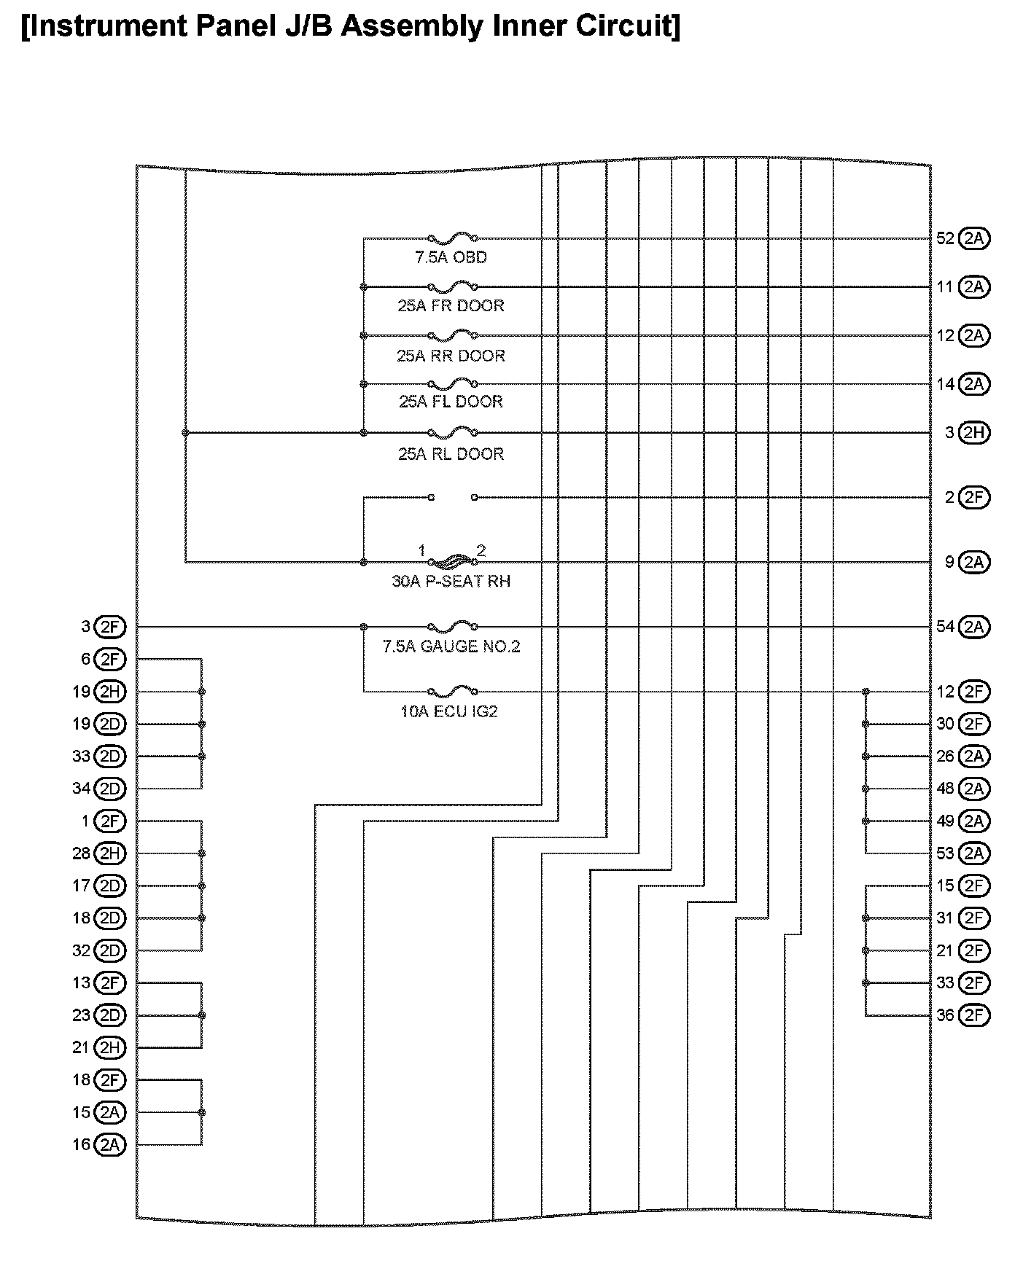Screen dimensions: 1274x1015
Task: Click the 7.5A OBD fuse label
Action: (451, 257)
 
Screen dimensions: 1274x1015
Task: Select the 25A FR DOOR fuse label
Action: (451, 305)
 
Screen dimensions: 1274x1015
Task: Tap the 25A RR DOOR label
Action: (451, 356)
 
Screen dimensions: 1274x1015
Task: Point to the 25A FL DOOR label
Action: (451, 402)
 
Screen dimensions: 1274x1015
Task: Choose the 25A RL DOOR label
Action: (451, 454)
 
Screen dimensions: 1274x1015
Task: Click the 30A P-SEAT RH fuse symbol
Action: (453, 561)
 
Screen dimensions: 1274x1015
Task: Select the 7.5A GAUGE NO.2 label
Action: (451, 646)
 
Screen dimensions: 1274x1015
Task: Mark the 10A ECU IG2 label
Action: (449, 711)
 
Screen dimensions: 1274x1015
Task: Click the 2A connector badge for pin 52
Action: (973, 238)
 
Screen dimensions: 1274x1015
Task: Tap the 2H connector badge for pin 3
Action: (973, 433)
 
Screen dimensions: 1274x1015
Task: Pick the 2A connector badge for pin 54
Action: (973, 627)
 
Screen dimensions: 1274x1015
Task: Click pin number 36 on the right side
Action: (945, 1015)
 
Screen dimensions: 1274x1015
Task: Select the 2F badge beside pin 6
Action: (109, 660)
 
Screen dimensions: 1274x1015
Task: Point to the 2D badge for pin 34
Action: (109, 789)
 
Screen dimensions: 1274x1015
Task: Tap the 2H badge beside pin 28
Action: (109, 853)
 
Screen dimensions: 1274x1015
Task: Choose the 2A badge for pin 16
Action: (109, 1145)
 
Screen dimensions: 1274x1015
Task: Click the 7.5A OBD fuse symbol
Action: (453, 238)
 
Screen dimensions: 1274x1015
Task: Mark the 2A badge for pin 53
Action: (973, 853)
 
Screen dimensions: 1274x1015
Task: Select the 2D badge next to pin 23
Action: (109, 1015)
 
